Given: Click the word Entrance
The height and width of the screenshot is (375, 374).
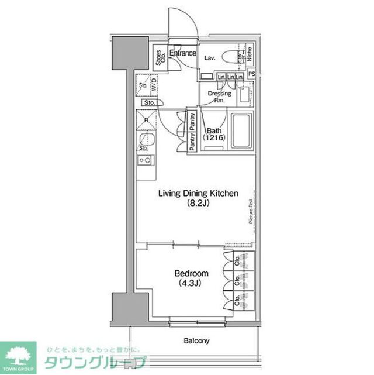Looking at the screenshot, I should coord(183,54).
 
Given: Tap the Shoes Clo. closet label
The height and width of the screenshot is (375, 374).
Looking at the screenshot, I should coord(159,58).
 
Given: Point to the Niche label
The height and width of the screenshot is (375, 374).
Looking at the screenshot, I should coord(250,55).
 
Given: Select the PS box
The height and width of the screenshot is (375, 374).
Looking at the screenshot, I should coord(252,74).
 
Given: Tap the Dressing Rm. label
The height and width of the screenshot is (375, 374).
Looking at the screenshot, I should coord(220,97).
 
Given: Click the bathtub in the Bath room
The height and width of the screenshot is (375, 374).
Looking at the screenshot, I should coord(241,131).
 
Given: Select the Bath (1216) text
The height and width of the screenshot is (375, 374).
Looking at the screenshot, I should coord(212,135).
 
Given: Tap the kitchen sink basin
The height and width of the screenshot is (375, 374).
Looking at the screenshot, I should coord(146,140).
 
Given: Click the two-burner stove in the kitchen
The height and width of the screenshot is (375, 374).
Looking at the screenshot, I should coord(145,160).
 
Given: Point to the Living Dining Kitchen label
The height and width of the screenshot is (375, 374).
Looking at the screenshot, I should coord(192,194).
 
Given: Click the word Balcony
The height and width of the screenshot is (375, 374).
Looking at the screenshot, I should coord(196,340).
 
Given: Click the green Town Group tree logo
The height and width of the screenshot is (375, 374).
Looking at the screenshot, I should coord(18,355).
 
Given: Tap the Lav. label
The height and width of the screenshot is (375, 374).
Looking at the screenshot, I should coord(209,58).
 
